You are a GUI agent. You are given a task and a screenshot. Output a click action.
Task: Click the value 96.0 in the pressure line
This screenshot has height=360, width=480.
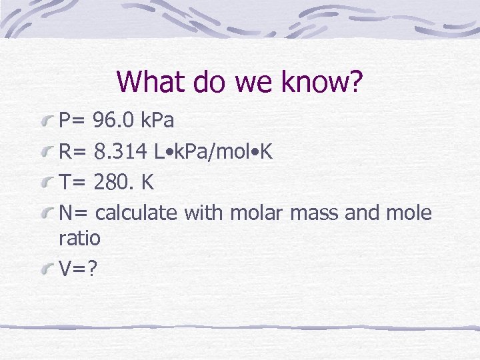(115, 121)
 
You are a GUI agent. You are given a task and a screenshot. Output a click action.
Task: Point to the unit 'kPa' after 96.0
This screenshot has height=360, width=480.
(158, 121)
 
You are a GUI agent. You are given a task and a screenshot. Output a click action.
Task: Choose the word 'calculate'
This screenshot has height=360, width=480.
(137, 213)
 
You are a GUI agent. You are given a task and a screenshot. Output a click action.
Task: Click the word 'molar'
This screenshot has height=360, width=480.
(257, 213)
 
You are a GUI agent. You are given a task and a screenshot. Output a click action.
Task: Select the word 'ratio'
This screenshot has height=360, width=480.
(79, 237)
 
